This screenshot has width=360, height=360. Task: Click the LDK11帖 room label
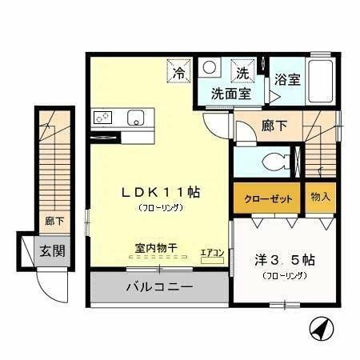click(x=160, y=192)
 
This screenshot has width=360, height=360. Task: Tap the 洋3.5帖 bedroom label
click(x=283, y=261)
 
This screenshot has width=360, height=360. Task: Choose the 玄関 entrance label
click(x=53, y=250)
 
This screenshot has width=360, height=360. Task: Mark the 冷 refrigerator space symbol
click(x=178, y=73)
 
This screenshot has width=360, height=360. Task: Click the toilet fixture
click(x=281, y=159)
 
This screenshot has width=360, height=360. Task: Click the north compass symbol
click(x=320, y=329)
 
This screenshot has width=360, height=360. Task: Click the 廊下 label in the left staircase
click(x=54, y=219)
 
